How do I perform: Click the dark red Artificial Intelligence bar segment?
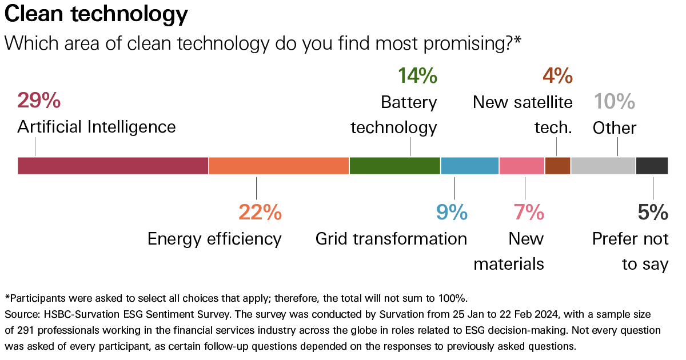coord(113,165)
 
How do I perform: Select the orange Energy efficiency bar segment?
coord(278,165)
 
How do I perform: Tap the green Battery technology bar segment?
coord(394,165)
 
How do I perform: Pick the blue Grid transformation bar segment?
coord(469,165)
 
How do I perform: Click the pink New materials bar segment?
coord(521,165)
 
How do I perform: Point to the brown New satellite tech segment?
coord(557,165)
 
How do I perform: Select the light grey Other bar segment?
coord(603,165)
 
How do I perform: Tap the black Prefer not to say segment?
coord(652,165)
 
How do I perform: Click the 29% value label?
coord(39,101)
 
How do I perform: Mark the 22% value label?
coord(260,213)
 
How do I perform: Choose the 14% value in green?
coord(417,75)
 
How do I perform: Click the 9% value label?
coord(452,213)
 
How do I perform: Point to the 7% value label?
coord(528,213)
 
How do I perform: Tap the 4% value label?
coord(557,75)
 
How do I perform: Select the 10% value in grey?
coord(614,102)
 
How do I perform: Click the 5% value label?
coord(653,213)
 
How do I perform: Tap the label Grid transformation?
coord(391,238)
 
